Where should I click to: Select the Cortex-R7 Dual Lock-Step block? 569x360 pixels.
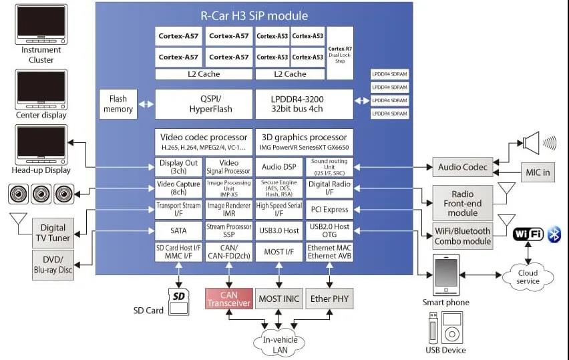coord(341,53)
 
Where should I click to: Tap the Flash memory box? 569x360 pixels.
coord(118,104)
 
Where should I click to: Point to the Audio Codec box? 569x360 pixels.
coord(463,167)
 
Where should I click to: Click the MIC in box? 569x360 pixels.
coord(537,172)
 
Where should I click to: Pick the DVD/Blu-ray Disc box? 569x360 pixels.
coord(53,264)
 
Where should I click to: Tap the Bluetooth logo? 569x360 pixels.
coord(554,234)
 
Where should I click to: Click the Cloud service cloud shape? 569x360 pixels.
coord(528,276)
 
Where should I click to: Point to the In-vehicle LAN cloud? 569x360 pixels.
coord(279,343)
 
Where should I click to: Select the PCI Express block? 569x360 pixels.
coord(329,210)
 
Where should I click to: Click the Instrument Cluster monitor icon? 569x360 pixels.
coord(41,25)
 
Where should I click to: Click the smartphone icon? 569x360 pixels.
coord(447,273)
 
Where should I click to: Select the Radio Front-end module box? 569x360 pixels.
coord(463,202)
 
